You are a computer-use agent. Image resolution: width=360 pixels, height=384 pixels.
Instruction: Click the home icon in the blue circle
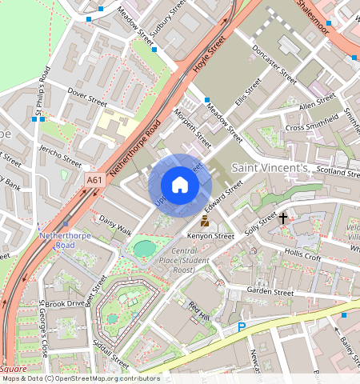pos(180,185)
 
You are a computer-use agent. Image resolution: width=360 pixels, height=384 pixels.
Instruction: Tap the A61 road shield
pos(95,182)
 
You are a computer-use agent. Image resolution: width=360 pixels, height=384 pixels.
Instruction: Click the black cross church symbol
pos(283,218)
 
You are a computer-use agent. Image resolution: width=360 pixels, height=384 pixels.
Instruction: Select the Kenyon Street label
pos(210,237)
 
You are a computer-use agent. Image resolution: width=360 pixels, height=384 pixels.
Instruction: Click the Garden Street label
pos(270,293)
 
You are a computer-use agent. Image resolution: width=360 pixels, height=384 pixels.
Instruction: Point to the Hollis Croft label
pos(302,258)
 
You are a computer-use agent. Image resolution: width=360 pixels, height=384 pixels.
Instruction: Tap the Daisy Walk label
pos(114,223)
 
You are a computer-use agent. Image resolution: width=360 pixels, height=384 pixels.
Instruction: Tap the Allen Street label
pos(317,102)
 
